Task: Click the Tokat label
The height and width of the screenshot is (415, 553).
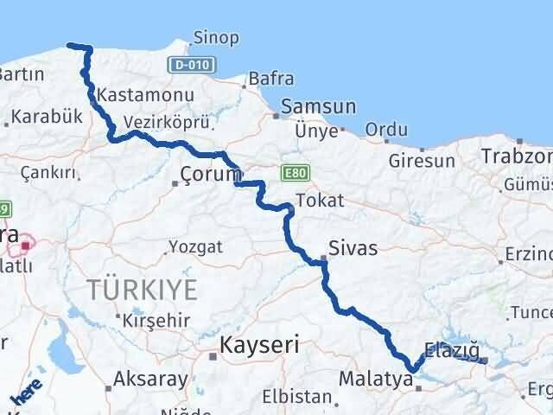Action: pos(319,201)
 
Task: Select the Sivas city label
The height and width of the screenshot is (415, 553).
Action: pos(353,248)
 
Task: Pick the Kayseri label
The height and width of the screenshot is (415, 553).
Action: pos(259,344)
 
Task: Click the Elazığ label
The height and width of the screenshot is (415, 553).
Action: pos(452,351)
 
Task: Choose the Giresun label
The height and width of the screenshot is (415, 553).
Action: pos(422,161)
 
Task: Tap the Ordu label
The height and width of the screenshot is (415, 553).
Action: pos(386,130)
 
